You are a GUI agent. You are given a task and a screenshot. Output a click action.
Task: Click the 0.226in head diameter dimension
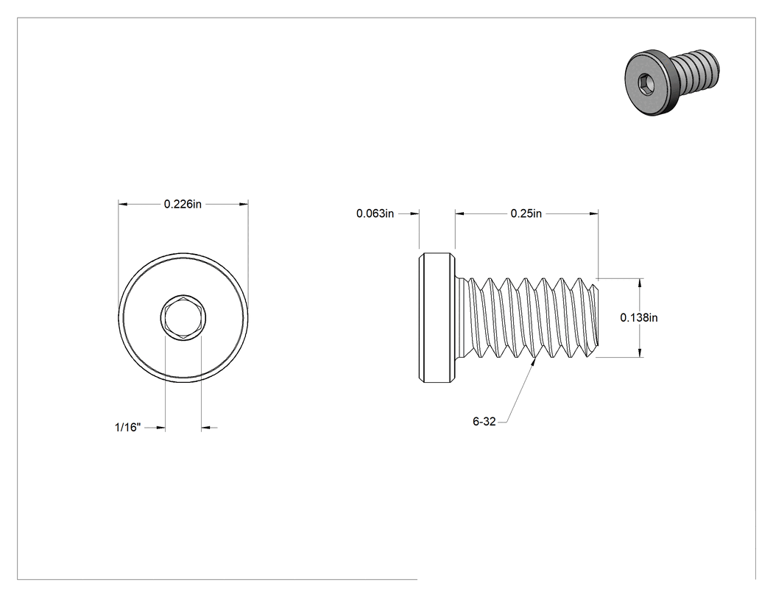183,204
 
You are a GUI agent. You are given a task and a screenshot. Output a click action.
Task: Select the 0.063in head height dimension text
375,213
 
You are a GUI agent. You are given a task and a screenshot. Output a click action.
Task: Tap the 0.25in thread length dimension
526,213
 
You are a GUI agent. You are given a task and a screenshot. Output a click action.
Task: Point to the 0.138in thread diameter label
639,317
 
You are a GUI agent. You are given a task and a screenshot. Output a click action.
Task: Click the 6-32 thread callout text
484,422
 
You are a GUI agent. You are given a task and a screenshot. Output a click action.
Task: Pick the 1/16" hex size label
127,428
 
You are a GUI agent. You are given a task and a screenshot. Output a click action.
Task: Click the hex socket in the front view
183,318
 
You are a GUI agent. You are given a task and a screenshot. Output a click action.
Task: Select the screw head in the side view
437,317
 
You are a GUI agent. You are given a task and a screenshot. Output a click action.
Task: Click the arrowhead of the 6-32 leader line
534,362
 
